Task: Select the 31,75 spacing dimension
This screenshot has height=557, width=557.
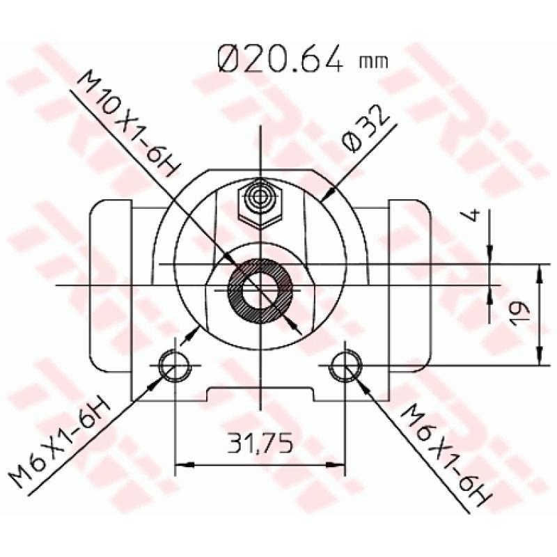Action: tap(259, 441)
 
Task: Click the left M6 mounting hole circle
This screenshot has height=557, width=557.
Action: tap(173, 364)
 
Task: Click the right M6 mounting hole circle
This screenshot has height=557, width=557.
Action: tap(345, 364)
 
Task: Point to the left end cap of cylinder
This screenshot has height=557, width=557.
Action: tap(111, 285)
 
